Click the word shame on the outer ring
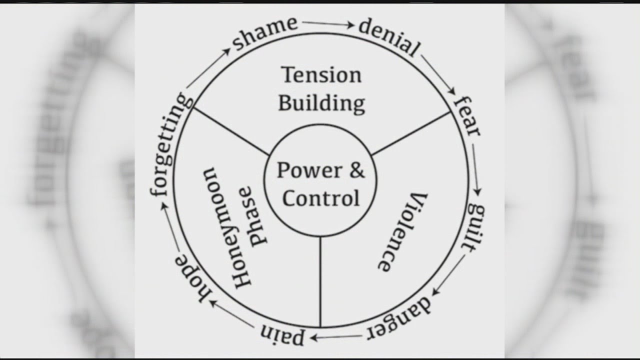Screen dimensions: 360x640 (x=265, y=34)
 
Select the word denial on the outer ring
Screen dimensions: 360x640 (x=388, y=37)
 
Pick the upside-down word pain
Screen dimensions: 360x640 (x=282, y=335)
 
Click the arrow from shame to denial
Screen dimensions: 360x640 (x=327, y=23)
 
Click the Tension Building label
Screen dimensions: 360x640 (x=321, y=89)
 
